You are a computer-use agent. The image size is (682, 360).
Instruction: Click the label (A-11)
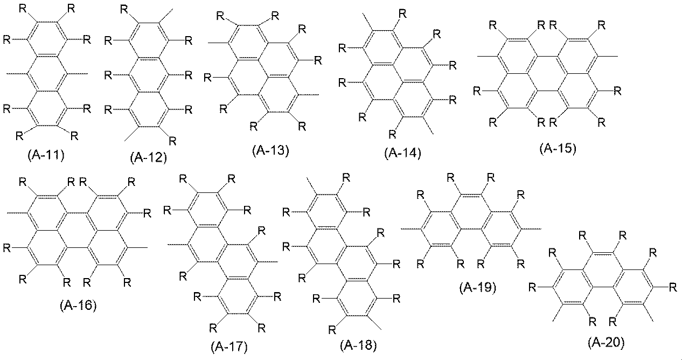tap(46, 155)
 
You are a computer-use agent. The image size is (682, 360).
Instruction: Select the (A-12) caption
tap(149, 157)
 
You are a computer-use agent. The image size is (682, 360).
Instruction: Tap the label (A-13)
tap(270, 150)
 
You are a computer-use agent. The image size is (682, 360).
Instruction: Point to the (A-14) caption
tap(402, 153)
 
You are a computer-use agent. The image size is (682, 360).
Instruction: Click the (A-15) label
tap(558, 148)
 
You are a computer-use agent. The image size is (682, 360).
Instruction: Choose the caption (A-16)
tap(78, 305)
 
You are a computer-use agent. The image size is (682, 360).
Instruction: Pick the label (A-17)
tap(229, 347)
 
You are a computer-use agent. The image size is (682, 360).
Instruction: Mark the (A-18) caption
tap(358, 345)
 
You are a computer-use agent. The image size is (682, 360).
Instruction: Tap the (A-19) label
tap(478, 287)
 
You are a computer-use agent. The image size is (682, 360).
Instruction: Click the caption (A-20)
tap(606, 342)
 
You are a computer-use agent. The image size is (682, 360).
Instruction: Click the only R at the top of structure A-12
tap(124, 10)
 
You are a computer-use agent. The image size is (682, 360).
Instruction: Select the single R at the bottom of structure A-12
tap(172, 141)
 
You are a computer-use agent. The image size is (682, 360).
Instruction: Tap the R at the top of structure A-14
tap(402, 13)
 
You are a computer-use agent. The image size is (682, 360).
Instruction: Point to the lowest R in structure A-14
tap(392, 134)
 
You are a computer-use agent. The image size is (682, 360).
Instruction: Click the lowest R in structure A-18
tap(332, 329)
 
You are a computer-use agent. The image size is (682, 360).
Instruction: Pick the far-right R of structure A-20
tap(672, 287)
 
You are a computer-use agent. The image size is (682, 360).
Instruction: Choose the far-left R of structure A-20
tap(532, 287)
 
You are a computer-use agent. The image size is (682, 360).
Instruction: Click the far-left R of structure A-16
tap(6, 248)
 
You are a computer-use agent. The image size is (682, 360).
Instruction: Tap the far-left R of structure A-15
tap(477, 91)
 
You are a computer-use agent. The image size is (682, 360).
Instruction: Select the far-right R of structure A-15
tap(617, 91)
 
